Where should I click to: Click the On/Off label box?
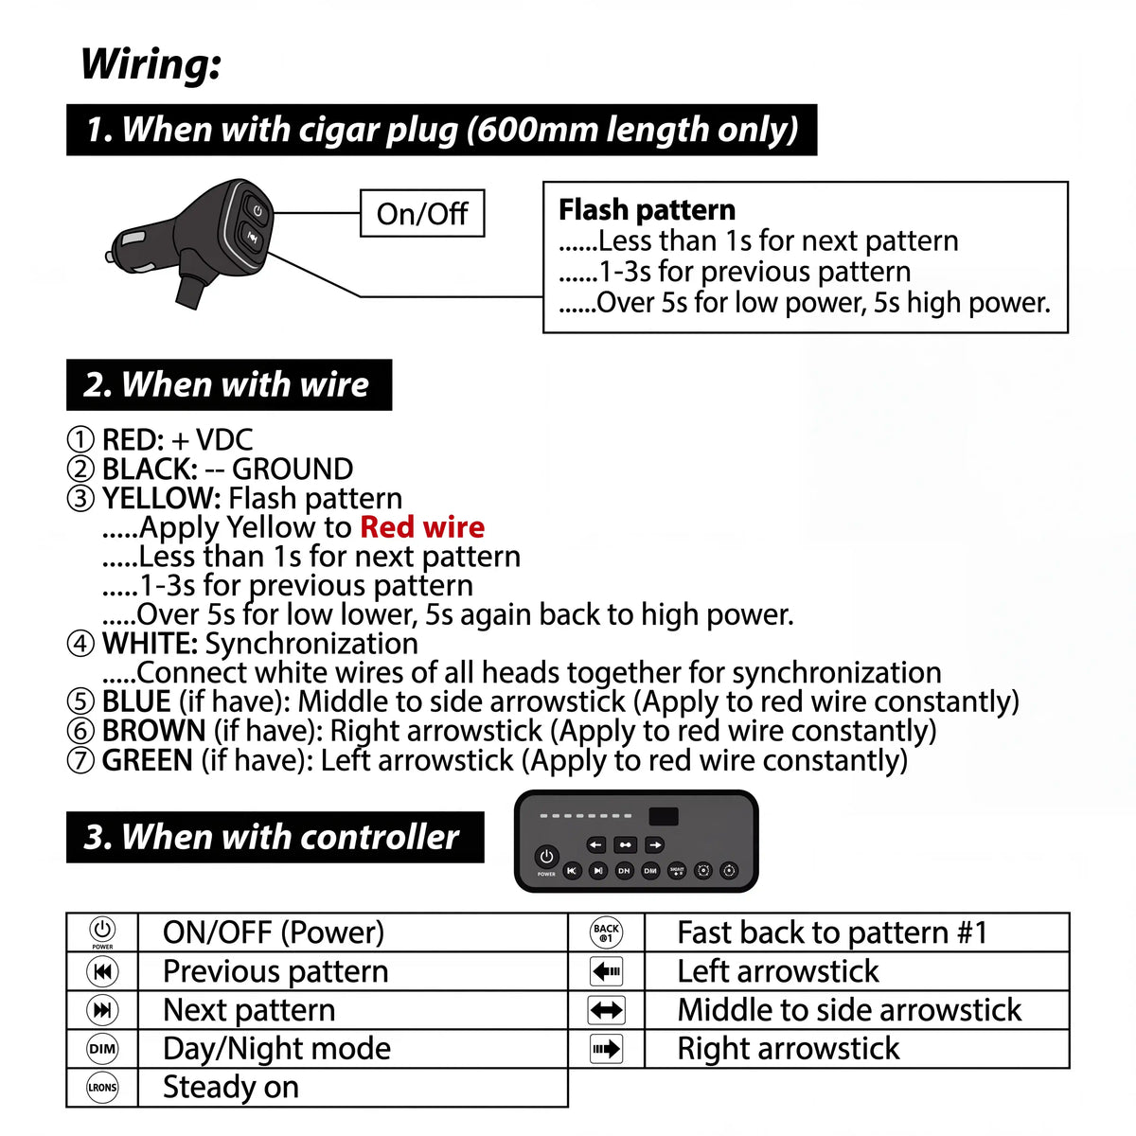point(422,213)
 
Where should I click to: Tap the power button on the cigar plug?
point(257,210)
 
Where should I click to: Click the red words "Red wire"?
point(422,527)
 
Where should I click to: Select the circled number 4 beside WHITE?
point(80,643)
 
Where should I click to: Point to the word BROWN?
point(154,731)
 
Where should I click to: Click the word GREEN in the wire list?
point(148,760)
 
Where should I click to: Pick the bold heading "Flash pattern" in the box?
point(647,210)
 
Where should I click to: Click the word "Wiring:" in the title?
point(151,63)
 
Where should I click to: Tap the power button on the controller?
point(546,857)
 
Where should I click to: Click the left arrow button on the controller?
point(596,844)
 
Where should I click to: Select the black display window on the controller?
point(664,816)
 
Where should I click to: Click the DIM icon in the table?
point(102,1049)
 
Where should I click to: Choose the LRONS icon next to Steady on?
point(102,1088)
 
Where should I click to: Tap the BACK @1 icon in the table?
point(606,932)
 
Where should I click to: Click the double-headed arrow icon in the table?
point(606,1010)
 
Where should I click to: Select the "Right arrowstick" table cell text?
point(789,1049)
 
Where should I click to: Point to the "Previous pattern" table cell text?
point(275,971)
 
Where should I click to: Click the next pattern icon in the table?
point(102,1010)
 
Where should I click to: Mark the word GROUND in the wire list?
point(293,470)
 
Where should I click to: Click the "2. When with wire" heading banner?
point(229,384)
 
